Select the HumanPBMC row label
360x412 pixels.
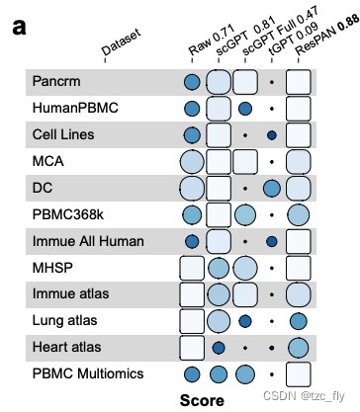click(x=72, y=107)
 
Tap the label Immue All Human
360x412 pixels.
click(x=88, y=240)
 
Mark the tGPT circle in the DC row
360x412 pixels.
click(x=272, y=187)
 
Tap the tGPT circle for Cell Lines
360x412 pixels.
click(x=272, y=133)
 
